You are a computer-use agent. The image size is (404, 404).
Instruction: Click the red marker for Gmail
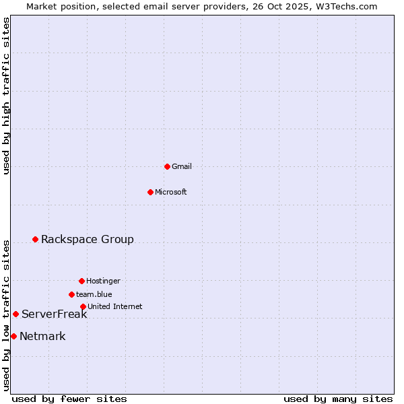[167, 166]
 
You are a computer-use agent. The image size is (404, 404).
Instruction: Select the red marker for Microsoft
[150, 192]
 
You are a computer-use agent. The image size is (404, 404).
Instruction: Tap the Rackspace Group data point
[35, 239]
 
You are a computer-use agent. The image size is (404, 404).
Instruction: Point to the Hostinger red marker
[81, 281]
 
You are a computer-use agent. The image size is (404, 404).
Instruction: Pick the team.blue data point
[71, 294]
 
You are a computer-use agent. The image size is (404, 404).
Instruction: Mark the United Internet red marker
[83, 306]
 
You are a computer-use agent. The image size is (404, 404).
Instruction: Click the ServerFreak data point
[15, 314]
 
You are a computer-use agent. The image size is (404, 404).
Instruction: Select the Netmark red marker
[13, 336]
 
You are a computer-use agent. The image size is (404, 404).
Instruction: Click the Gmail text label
[182, 166]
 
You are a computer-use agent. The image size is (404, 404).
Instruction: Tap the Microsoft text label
[171, 192]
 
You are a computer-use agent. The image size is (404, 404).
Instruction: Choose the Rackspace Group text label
[88, 239]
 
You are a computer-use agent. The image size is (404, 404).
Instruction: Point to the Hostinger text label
[103, 281]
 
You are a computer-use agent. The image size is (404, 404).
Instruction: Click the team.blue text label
[94, 294]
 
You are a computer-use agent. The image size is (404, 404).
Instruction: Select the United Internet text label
[115, 306]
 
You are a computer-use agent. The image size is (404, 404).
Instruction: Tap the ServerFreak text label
[55, 314]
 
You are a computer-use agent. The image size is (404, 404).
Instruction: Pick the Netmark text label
[42, 337]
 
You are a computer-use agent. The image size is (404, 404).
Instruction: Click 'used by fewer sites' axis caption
[69, 399]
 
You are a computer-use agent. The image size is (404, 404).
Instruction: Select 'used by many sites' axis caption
[338, 399]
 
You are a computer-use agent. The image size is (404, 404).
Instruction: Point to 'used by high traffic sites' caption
[7, 96]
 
